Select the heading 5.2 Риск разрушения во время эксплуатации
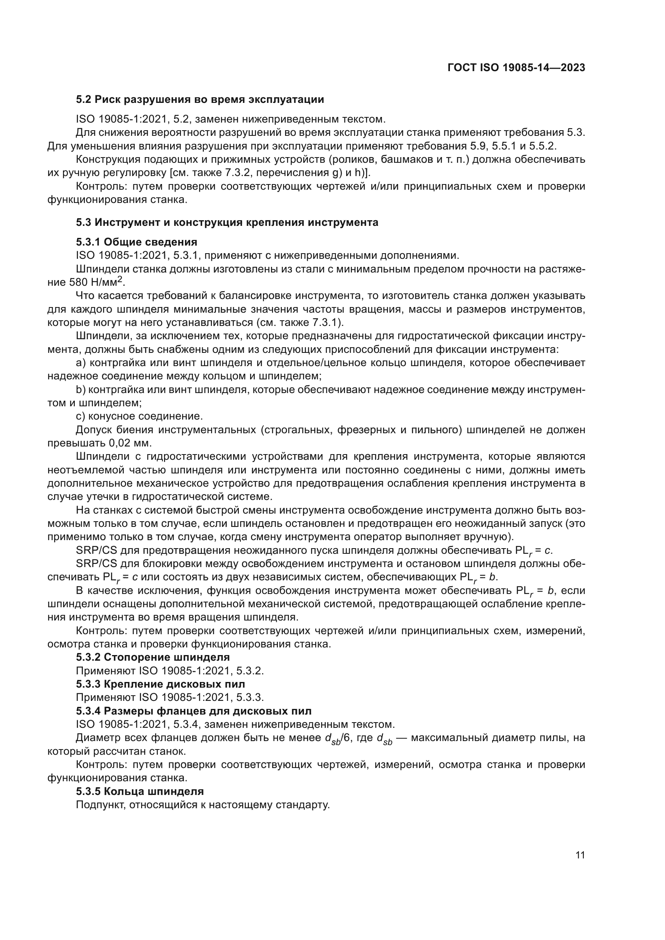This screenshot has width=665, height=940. pyautogui.click(x=200, y=100)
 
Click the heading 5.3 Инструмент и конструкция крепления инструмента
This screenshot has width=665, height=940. pyautogui.click(x=227, y=222)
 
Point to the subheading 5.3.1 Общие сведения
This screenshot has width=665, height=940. pyautogui.click(x=136, y=242)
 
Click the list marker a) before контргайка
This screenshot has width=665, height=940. pyautogui.click(x=80, y=363)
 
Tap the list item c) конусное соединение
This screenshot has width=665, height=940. pyautogui.click(x=139, y=416)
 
